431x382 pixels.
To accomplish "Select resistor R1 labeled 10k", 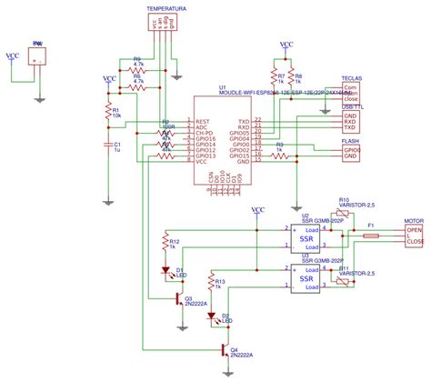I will (x=106, y=113).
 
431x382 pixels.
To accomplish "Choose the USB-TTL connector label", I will (x=351, y=107).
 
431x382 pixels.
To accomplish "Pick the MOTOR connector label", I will (x=414, y=219).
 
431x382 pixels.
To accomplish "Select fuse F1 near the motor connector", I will (x=371, y=236).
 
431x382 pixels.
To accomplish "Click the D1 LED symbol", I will (x=165, y=270).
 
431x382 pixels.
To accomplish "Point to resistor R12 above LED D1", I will (x=165, y=244).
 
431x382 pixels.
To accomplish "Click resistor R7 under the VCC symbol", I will (x=273, y=78).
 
